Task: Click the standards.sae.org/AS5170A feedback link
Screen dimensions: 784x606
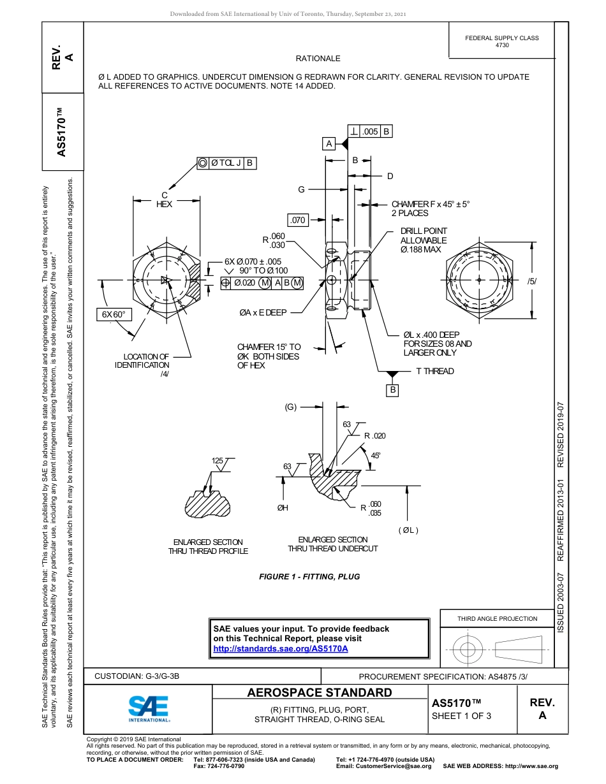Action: click(280, 648)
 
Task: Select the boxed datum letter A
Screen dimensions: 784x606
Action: click(329, 143)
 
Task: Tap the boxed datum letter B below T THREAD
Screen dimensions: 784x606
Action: click(393, 389)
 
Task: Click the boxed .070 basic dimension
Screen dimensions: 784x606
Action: click(299, 221)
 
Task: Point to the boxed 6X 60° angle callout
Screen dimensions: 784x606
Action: click(114, 314)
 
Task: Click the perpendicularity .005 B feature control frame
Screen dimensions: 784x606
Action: click(369, 132)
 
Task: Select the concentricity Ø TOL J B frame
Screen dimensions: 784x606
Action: click(226, 163)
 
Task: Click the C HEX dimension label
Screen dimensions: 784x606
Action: click(165, 200)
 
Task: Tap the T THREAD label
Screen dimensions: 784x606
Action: click(435, 371)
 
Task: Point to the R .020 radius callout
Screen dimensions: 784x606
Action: click(375, 436)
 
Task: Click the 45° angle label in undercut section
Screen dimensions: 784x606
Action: click(376, 455)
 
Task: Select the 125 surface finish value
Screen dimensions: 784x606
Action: click(218, 460)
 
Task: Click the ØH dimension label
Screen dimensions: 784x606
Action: click(283, 507)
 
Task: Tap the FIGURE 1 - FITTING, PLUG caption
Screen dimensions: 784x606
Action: click(309, 576)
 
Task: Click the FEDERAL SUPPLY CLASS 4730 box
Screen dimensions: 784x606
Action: click(501, 41)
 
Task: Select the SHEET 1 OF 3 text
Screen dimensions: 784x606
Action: click(461, 715)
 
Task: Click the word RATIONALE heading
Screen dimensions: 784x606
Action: click(318, 59)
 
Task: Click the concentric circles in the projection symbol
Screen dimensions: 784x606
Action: click(468, 650)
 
